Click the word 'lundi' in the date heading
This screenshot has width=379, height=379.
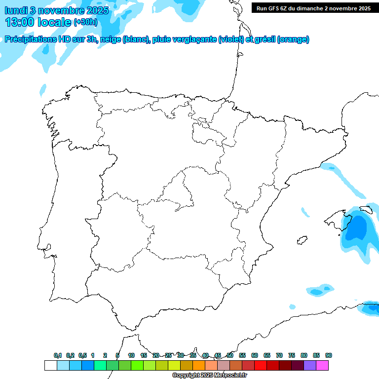[x=16, y=10]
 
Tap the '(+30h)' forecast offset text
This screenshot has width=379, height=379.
[x=85, y=22]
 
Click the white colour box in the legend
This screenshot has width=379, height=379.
[x=50, y=366]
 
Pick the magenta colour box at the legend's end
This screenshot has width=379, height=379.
[x=322, y=366]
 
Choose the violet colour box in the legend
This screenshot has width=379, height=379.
[x=310, y=366]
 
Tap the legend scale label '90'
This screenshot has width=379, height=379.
[x=329, y=355]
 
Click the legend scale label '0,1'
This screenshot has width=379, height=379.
[x=58, y=355]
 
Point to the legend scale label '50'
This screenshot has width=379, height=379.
[x=230, y=355]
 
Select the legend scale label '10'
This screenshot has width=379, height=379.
[x=131, y=355]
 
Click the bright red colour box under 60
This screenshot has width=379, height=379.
[x=261, y=366]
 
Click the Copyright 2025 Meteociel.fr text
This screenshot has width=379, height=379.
[x=210, y=376]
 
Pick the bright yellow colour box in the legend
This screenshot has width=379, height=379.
[x=174, y=366]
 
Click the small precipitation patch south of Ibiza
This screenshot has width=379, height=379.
[x=320, y=290]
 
